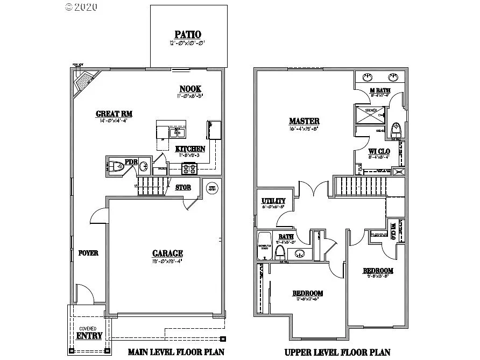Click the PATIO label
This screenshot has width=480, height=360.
point(188,34)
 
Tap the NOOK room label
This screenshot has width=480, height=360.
point(190,89)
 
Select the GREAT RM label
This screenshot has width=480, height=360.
point(114,114)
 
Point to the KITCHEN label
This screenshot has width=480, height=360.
point(190,149)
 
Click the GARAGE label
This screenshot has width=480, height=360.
point(167,253)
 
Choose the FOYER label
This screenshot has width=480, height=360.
point(88,253)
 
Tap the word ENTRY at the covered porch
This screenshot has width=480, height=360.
point(89,336)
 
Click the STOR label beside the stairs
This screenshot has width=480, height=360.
point(183,187)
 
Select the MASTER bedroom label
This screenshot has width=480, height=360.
point(304,121)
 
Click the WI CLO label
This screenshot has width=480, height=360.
point(379,151)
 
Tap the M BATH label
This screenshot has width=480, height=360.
point(380,90)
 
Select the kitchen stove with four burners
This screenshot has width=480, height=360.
point(190,168)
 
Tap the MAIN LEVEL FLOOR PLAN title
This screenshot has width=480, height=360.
point(175,352)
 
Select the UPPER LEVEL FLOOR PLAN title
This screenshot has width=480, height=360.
point(337,352)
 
